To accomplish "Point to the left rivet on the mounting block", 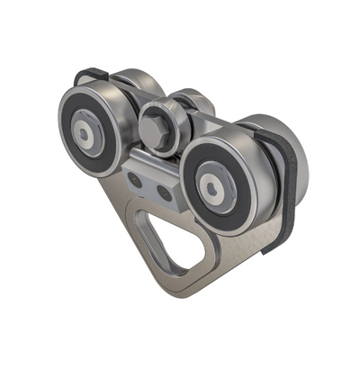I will (138, 180).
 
